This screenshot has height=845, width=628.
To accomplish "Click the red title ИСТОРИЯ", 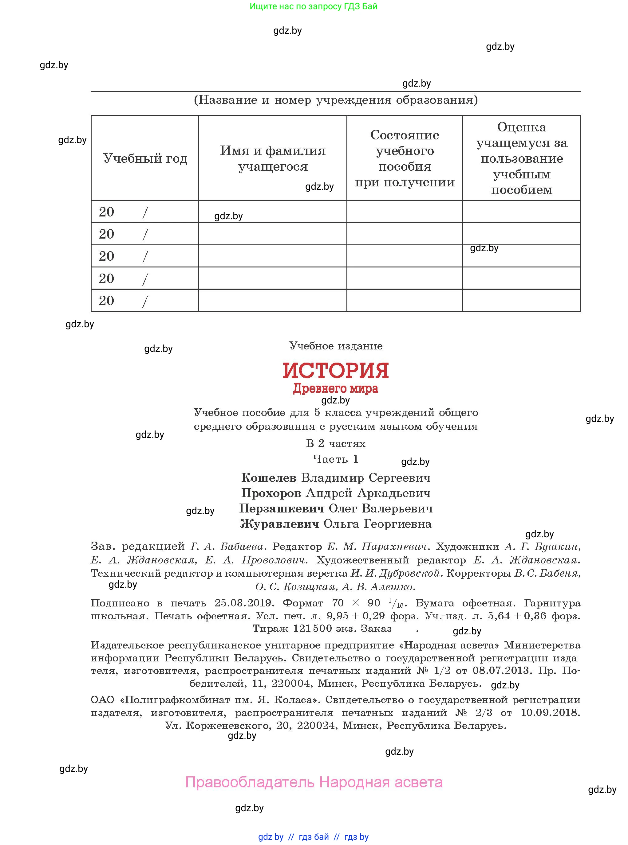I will click(335, 370).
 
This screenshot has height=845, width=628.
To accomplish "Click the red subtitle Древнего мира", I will click(335, 388).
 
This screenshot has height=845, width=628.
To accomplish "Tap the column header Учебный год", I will click(145, 158).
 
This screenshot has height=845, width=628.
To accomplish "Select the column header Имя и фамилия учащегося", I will click(273, 158).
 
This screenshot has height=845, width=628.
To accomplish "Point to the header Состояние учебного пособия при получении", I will click(405, 158).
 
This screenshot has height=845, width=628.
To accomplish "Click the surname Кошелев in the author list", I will click(268, 478).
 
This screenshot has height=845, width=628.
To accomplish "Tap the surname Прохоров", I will click(271, 493).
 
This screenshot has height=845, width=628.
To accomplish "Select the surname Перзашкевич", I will click(281, 508).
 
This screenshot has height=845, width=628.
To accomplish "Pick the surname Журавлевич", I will click(279, 524).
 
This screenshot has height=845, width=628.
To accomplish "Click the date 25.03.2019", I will click(244, 603).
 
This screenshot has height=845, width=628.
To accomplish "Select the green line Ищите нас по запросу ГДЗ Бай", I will click(313, 6).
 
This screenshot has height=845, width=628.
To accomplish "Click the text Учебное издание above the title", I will click(336, 346).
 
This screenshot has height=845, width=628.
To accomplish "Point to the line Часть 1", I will click(335, 459).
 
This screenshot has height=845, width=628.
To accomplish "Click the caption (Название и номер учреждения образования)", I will click(336, 100).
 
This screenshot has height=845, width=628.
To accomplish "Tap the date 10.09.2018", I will click(550, 712).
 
